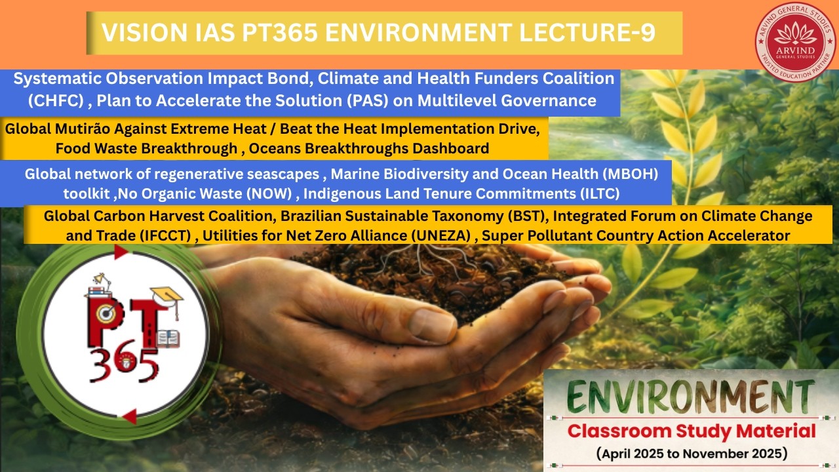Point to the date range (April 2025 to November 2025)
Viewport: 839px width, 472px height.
click(692, 453)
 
